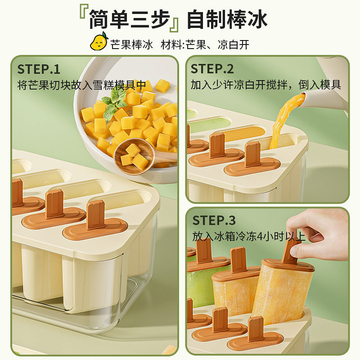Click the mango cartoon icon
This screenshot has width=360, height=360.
click(99, 41)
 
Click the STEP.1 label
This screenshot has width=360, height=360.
click(39, 69)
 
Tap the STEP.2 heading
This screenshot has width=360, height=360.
click(212, 69)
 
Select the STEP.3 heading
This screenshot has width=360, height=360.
click(214, 220)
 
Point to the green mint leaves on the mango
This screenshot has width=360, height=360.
click(114, 103)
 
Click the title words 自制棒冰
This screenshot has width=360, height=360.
click(227, 19)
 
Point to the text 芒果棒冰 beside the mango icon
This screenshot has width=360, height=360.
click(131, 45)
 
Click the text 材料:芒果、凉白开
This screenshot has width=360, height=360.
click(205, 45)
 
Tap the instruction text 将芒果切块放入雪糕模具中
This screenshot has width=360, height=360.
click(81, 85)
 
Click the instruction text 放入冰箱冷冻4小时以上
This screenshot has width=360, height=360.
click(249, 237)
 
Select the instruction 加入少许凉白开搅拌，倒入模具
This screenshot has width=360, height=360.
click(266, 85)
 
